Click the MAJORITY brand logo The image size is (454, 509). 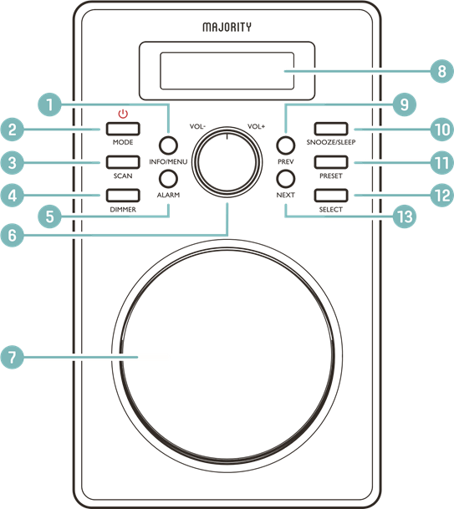coord(227,27)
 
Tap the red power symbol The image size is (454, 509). coord(123,114)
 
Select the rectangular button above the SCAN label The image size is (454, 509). coord(123,162)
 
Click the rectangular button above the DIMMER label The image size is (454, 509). coord(123,196)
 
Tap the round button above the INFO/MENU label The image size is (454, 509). coord(168,145)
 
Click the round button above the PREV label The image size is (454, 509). coord(286,145)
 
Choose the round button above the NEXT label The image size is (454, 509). coord(286,179)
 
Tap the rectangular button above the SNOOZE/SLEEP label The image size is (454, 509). coord(331,129)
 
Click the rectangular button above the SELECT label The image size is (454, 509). coord(331,196)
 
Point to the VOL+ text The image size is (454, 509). coord(256,126)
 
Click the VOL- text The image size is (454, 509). coord(197,126)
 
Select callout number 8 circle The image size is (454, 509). coord(442,71)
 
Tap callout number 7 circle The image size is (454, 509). coord(13,357)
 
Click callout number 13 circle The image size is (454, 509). coord(405,216)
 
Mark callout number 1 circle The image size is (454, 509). coord(49,104)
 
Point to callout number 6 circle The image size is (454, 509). coord(13,235)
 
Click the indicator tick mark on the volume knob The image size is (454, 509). coord(227,136)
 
